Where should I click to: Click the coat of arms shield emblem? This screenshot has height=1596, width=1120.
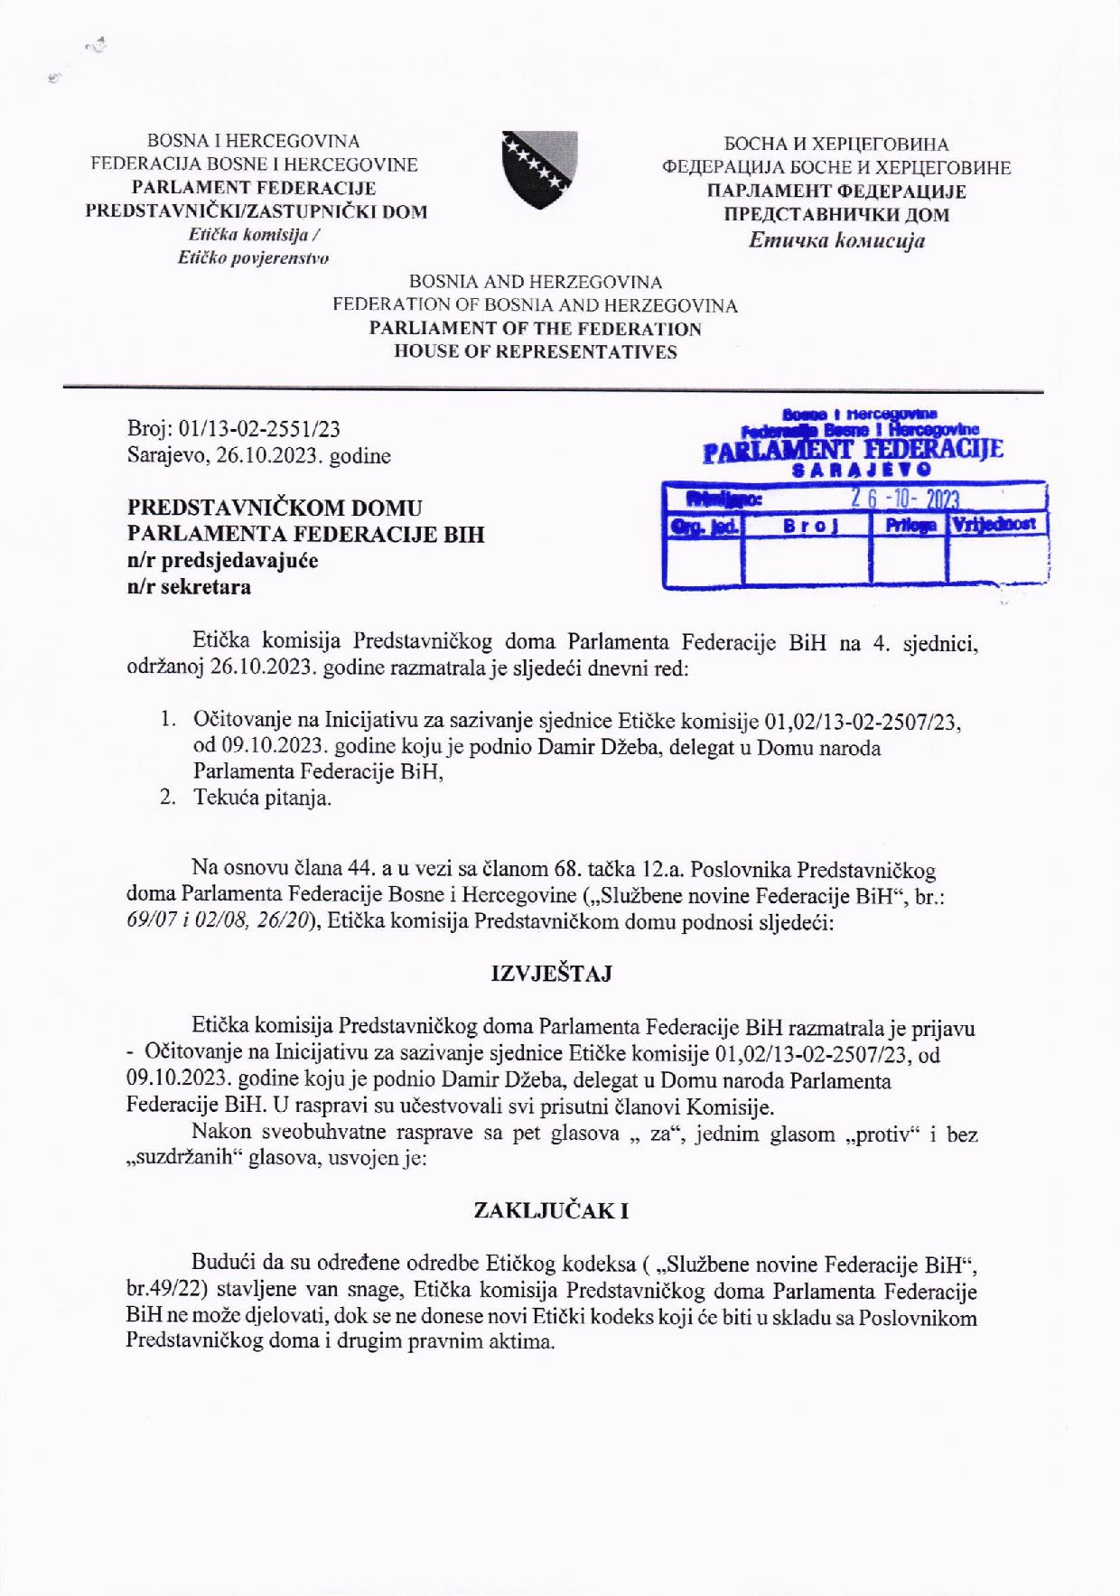[540, 170]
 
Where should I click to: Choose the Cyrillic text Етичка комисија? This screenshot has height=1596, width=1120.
[836, 240]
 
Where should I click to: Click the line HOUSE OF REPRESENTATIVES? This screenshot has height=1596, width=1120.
[536, 352]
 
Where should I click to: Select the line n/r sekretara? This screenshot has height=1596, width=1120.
[190, 586]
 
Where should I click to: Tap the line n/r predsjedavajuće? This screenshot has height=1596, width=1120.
[222, 560]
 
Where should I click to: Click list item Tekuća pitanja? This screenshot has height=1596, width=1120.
[262, 798]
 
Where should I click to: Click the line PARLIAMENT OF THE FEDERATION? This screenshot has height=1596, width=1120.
[536, 329]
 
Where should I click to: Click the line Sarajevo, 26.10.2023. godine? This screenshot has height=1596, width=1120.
[259, 456]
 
